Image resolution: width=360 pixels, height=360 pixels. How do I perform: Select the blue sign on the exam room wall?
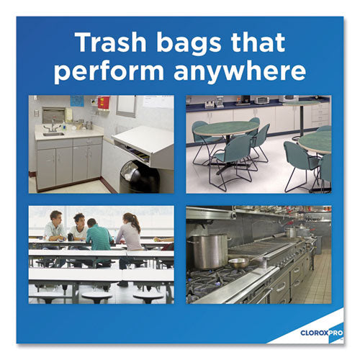coord(77,101)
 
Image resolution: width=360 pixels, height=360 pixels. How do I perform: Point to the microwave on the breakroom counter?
coord(262,99)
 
